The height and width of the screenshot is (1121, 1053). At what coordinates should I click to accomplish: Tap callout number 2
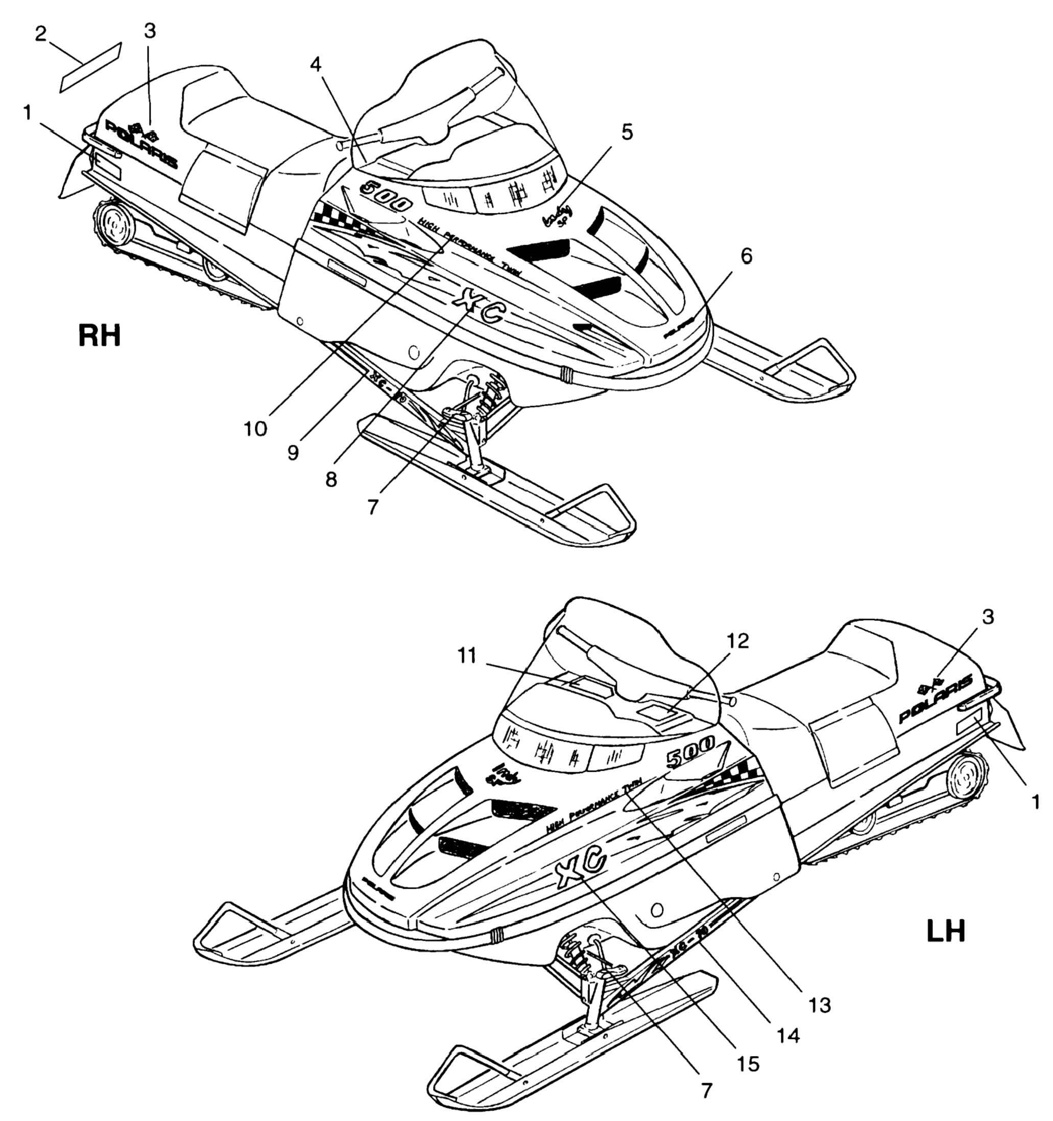40,34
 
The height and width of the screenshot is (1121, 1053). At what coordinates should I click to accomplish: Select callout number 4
316,64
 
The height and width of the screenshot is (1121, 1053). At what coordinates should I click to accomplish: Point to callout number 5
627,131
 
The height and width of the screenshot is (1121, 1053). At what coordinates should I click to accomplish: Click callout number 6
745,255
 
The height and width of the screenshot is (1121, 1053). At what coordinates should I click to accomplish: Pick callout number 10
255,428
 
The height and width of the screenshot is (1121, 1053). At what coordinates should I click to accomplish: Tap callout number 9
293,452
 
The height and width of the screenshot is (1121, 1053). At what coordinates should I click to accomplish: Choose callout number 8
331,480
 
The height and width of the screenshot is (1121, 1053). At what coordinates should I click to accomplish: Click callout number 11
467,656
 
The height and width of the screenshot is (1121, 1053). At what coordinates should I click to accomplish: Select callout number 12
738,640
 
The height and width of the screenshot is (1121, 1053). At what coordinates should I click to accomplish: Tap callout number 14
788,1035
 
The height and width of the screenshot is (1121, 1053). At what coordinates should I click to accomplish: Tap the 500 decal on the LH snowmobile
690,753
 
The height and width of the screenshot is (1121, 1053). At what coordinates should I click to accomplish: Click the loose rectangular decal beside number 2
90,66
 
